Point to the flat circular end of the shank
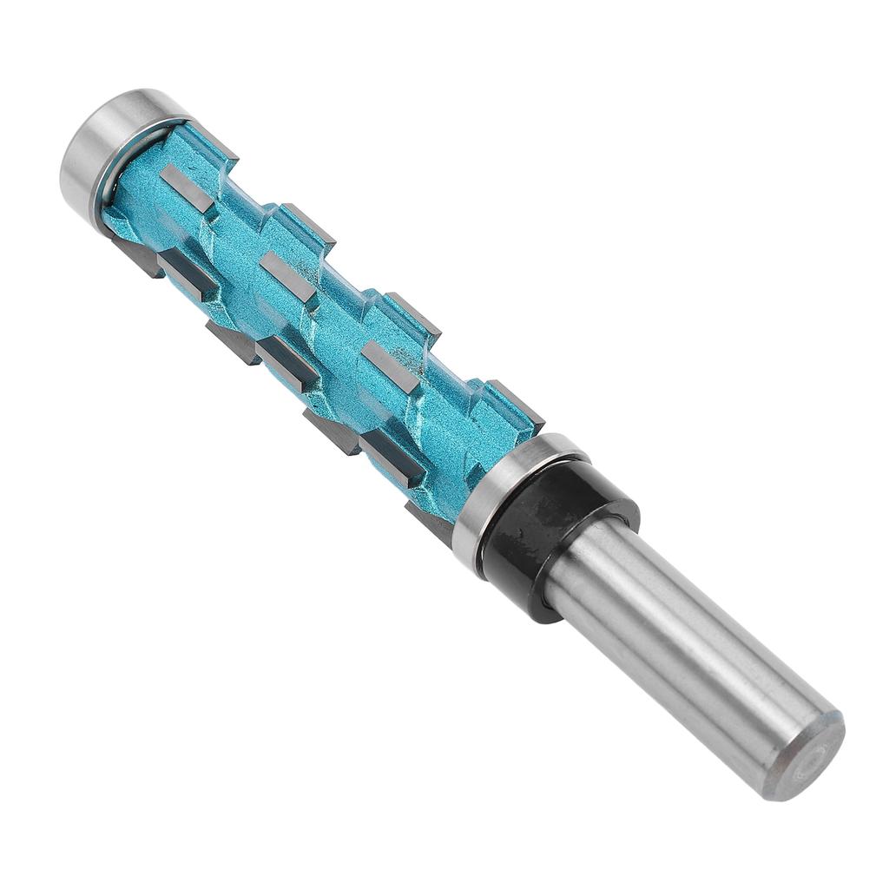pos(807,755)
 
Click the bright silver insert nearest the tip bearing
pos(187,187)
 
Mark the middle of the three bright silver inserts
pos(287,278)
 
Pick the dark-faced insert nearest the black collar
pos(391,455)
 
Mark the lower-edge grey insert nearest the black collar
pos(430,521)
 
